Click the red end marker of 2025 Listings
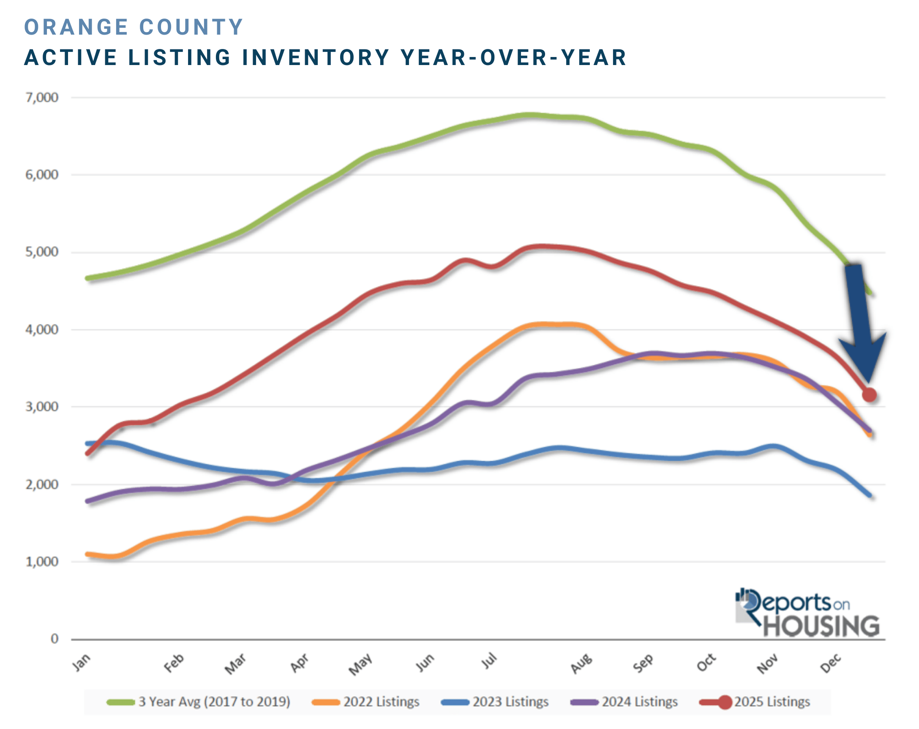(x=869, y=395)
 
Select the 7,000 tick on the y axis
(x=42, y=98)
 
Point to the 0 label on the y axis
(x=54, y=639)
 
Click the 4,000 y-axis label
(x=42, y=329)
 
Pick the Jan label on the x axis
(x=81, y=663)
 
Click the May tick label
(x=360, y=664)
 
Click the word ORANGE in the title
(x=76, y=27)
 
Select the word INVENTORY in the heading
(x=316, y=57)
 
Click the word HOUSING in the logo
(x=821, y=626)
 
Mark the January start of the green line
(x=88, y=278)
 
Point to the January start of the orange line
(x=88, y=554)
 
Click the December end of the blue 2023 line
(x=870, y=496)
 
